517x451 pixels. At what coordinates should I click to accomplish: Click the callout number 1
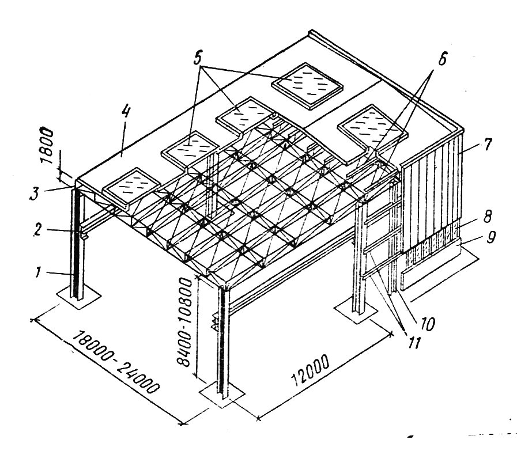click(x=38, y=272)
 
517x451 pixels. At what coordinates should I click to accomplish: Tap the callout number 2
click(x=37, y=230)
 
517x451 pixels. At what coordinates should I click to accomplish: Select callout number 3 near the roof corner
click(x=34, y=193)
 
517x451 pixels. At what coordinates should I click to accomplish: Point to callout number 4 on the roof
click(x=125, y=112)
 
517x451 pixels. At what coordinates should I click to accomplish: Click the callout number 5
click(x=197, y=58)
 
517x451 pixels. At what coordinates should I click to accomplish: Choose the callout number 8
click(x=488, y=217)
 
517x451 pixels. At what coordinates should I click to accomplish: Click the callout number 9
click(x=490, y=237)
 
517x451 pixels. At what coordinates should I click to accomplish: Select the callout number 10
click(x=426, y=324)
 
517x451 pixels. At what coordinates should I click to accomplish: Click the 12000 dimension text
click(x=310, y=370)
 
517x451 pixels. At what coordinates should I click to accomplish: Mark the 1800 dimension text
click(x=47, y=146)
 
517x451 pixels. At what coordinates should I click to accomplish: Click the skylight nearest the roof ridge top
click(x=307, y=85)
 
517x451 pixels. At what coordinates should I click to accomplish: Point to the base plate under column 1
click(x=78, y=297)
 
